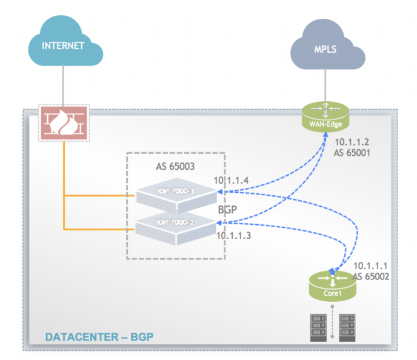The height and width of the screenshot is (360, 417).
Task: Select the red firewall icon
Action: tap(64, 123)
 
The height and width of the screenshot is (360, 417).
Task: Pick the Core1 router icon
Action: tap(332, 285)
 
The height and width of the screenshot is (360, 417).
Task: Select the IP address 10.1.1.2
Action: tap(352, 142)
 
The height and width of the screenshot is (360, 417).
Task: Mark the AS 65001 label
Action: tap(352, 153)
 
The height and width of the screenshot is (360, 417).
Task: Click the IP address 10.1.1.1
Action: tap(370, 265)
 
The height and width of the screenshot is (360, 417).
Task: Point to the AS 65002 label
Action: tap(370, 276)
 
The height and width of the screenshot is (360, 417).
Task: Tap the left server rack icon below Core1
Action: tap(318, 328)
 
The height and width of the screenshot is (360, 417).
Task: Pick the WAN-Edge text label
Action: tap(326, 125)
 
